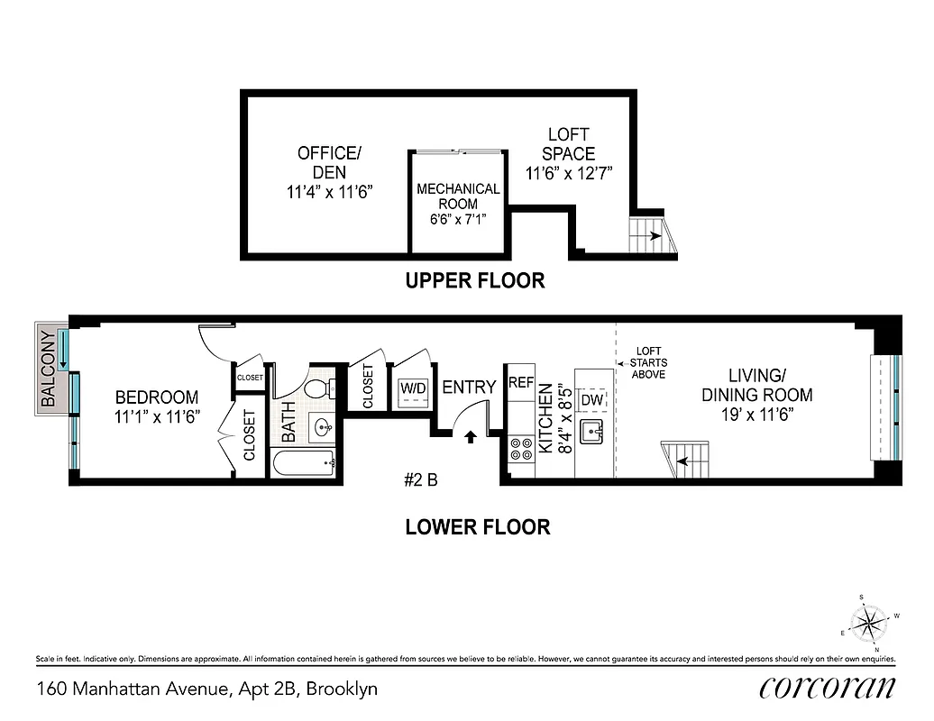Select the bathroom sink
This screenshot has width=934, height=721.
[x=323, y=428]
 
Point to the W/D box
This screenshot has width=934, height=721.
[x=413, y=388]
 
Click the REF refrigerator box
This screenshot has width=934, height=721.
[x=521, y=382]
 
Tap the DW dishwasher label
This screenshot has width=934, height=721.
[x=591, y=399]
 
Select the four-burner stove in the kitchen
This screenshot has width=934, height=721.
[x=521, y=448]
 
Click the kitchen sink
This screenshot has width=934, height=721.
[x=591, y=433]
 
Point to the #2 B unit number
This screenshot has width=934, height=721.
[x=420, y=480]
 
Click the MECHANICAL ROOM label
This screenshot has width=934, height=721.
[x=458, y=203]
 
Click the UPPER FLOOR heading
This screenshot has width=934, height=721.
[x=475, y=281]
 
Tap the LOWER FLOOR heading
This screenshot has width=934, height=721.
[x=477, y=527]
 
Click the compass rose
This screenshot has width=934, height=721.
[x=869, y=622]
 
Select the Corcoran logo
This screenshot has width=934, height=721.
[x=827, y=688]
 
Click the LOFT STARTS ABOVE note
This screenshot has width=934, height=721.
[x=649, y=362]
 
